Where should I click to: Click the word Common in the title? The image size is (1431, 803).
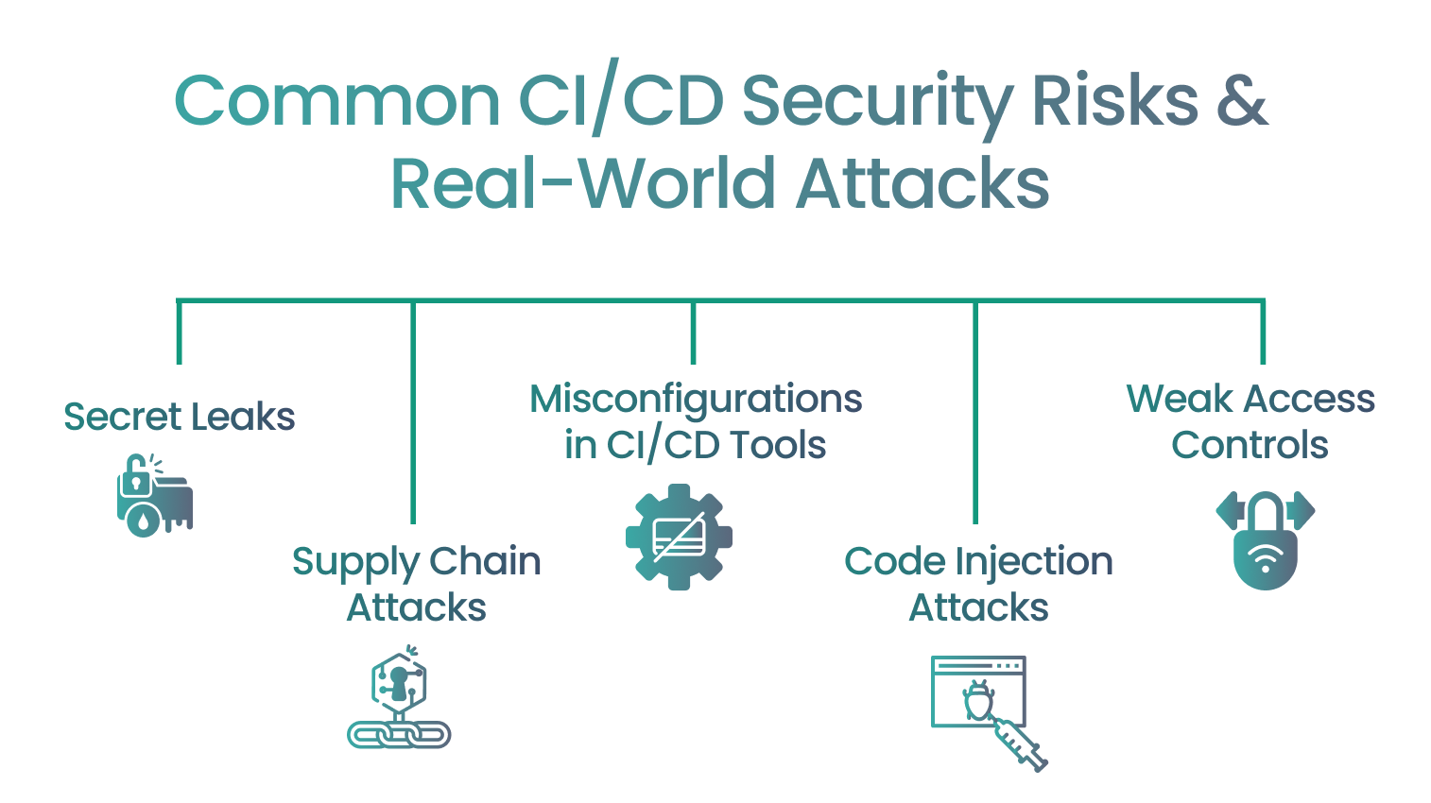(336, 101)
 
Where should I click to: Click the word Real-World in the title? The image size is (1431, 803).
(582, 184)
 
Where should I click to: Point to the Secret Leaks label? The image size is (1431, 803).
(180, 417)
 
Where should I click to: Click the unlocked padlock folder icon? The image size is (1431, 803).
(155, 495)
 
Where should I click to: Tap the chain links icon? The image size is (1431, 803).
(399, 734)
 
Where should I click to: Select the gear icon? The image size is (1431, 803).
(679, 537)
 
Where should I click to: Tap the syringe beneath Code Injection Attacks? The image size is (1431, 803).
(1020, 743)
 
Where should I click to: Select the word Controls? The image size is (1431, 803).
(1250, 445)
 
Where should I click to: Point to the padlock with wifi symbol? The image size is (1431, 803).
(1265, 540)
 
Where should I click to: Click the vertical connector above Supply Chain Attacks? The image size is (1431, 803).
(413, 412)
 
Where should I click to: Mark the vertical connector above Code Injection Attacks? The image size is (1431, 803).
(975, 412)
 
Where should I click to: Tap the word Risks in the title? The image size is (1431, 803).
(1115, 101)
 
